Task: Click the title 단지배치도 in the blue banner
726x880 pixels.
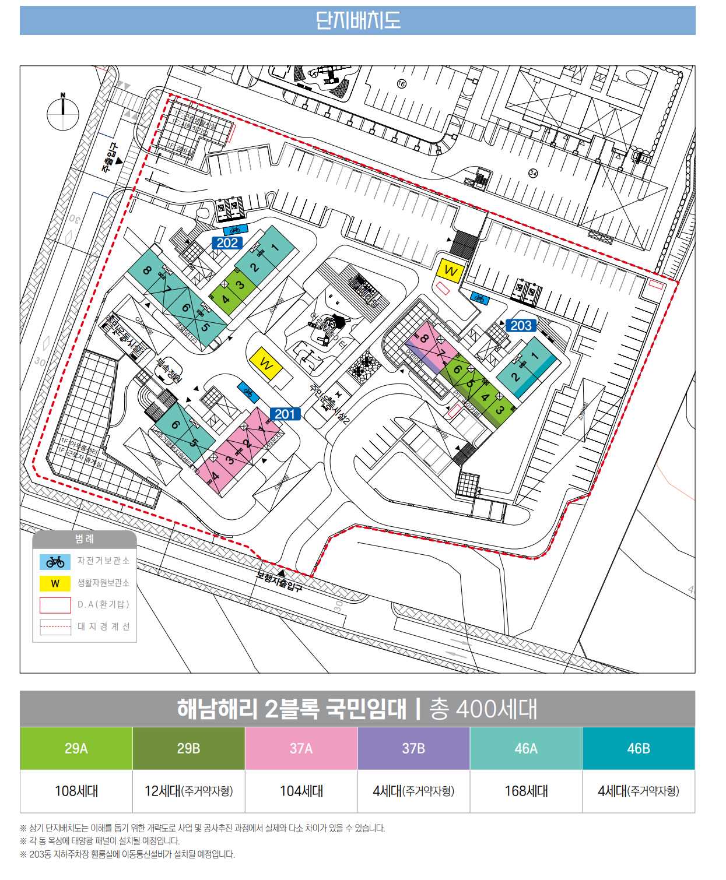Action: (357, 20)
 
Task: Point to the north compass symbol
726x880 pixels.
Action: (63, 111)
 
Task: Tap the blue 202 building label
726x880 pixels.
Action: (227, 242)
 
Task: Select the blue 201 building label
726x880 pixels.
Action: (285, 414)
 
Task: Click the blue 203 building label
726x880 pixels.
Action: (521, 325)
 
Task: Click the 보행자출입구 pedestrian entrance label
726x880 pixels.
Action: (280, 579)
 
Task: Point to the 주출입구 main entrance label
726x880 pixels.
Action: (110, 159)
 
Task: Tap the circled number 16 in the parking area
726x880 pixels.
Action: (401, 84)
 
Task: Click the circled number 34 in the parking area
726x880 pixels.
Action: (532, 173)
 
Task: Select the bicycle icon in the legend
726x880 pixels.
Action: (55, 562)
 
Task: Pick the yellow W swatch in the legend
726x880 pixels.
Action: (55, 583)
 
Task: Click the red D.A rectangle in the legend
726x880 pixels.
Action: (55, 605)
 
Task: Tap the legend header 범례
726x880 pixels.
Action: (85, 539)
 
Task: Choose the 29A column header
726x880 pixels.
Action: (76, 748)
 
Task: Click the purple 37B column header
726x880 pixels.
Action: (413, 748)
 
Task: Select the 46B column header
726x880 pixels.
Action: (639, 748)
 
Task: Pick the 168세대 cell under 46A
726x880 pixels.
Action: (526, 791)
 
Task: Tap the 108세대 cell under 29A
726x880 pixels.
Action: (76, 791)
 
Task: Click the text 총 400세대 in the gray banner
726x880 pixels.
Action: (483, 709)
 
